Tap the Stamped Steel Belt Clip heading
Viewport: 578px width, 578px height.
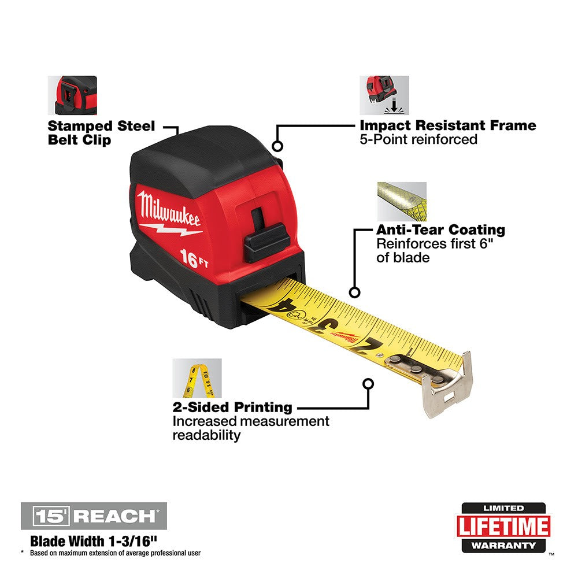pos(101,133)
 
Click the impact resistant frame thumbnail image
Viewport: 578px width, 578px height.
pos(384,95)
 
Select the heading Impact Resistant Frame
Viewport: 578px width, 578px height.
pos(448,125)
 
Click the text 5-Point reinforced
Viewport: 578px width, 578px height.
pos(418,139)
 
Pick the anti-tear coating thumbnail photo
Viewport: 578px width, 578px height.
pos(402,201)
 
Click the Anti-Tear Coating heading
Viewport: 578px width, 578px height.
pos(440,230)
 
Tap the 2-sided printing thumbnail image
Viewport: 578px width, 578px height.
pos(197,378)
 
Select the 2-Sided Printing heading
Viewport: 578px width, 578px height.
pos(232,407)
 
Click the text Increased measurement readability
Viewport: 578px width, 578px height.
pos(251,428)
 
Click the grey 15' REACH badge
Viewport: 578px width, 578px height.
pos(94,516)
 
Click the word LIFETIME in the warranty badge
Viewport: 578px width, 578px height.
pos(503,527)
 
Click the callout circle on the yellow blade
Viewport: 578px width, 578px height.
pos(355,293)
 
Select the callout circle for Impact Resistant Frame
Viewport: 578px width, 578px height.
pos(277,147)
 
